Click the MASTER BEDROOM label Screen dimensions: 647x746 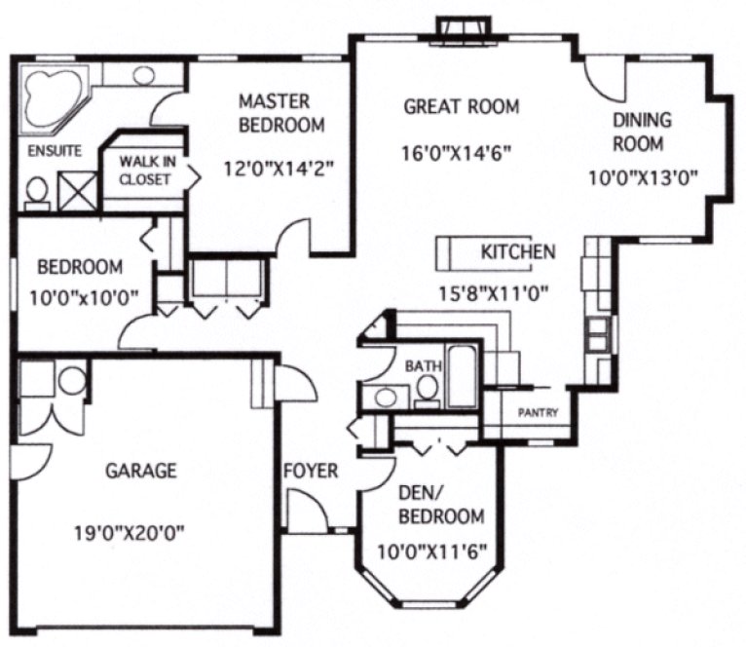pyautogui.click(x=281, y=113)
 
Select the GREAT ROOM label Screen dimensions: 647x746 pyautogui.click(x=462, y=106)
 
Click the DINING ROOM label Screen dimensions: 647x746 pyautogui.click(x=642, y=133)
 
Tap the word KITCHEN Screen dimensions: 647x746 pyautogui.click(x=518, y=252)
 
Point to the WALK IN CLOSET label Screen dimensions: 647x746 pyautogui.click(x=145, y=171)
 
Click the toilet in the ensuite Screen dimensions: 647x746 pyautogui.click(x=38, y=192)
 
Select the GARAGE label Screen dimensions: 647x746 pyautogui.click(x=141, y=471)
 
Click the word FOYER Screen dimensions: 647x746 pyautogui.click(x=311, y=472)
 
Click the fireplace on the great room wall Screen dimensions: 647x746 pyautogui.click(x=464, y=28)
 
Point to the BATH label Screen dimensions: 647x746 pyautogui.click(x=424, y=366)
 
